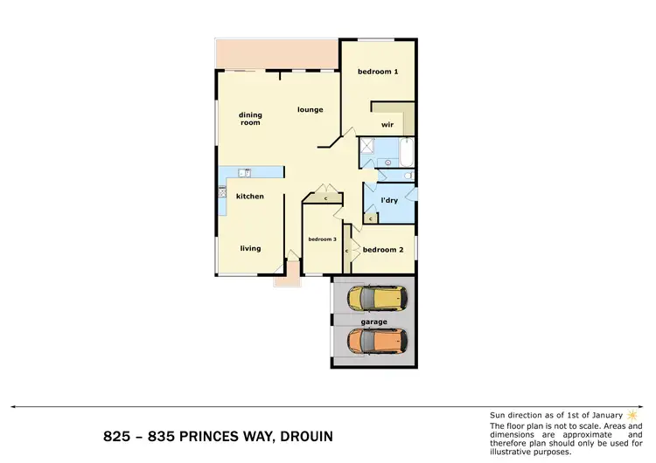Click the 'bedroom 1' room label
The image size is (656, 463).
pyautogui.click(x=377, y=72)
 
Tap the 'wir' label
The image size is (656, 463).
pyautogui.click(x=387, y=124)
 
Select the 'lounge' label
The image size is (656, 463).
pyautogui.click(x=310, y=110)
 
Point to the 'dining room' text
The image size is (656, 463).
pyautogui.click(x=250, y=119)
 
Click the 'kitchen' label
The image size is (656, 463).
pyautogui.click(x=249, y=197)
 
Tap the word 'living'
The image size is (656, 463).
pyautogui.click(x=250, y=248)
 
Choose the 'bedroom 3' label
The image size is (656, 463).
pyautogui.click(x=322, y=239)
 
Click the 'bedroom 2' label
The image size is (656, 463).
pyautogui.click(x=382, y=250)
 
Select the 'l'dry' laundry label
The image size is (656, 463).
pyautogui.click(x=389, y=201)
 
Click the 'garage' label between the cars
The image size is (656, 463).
pyautogui.click(x=373, y=321)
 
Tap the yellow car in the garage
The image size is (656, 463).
pyautogui.click(x=378, y=299)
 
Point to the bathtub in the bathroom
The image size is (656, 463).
pyautogui.click(x=407, y=152)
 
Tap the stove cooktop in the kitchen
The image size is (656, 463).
pyautogui.click(x=222, y=192)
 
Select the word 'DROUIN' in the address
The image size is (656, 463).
pyautogui.click(x=302, y=436)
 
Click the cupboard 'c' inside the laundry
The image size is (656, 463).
pyautogui.click(x=370, y=218)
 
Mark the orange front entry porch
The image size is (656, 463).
pyautogui.click(x=285, y=279)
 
